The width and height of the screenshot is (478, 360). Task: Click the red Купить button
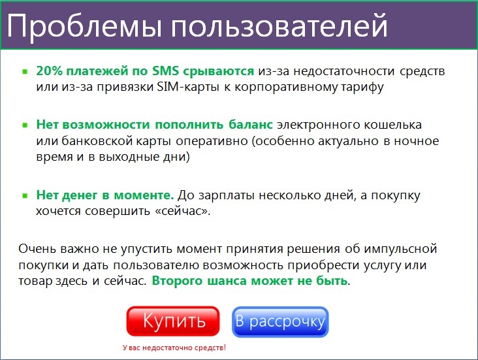173,321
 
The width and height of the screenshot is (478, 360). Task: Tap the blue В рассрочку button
280,322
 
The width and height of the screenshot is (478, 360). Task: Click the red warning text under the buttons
174,348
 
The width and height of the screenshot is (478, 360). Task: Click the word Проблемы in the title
84,25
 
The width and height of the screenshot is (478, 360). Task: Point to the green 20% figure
49,71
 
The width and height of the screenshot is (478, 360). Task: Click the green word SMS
165,71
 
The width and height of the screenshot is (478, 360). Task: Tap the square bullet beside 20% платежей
25,72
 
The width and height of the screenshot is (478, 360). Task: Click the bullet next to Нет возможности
25,125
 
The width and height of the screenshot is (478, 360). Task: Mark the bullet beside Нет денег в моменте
25,195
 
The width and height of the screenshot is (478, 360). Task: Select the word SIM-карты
188,87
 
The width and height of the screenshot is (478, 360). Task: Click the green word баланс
251,125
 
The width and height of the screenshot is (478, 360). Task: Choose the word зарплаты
226,195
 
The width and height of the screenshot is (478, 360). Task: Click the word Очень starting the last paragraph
37,249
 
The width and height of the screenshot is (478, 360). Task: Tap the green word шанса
227,281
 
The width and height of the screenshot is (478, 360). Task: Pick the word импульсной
400,249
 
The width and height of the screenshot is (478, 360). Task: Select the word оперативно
212,142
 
